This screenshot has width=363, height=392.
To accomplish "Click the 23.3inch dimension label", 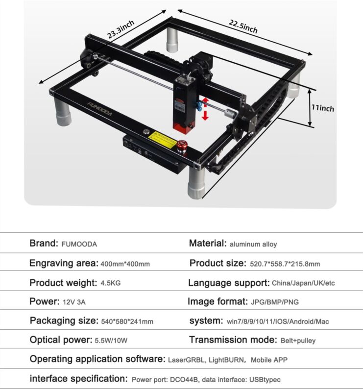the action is [x=121, y=29].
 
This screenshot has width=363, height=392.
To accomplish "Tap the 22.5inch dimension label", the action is [x=243, y=26].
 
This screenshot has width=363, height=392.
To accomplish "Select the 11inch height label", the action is [x=323, y=108].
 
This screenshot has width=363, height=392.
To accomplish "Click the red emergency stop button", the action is [x=182, y=146].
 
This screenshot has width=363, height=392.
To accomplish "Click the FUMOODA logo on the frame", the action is [x=100, y=109].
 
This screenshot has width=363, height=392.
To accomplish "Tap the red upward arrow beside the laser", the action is [x=205, y=102].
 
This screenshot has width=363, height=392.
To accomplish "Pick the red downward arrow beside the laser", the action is [x=205, y=116].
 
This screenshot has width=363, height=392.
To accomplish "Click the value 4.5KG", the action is [x=111, y=283].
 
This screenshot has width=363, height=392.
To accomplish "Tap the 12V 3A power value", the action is [x=74, y=302].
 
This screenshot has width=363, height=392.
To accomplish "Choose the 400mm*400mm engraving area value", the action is [x=125, y=264].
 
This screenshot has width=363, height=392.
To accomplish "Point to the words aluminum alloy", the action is [x=253, y=244].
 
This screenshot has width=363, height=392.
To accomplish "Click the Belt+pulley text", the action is [x=298, y=341].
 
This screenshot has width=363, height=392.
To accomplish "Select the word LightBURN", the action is [x=226, y=360].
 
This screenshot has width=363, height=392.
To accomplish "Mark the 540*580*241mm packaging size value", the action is [x=127, y=321].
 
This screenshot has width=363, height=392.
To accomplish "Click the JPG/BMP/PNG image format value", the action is [x=275, y=302].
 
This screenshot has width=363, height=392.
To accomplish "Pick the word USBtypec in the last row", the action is [x=265, y=380].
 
